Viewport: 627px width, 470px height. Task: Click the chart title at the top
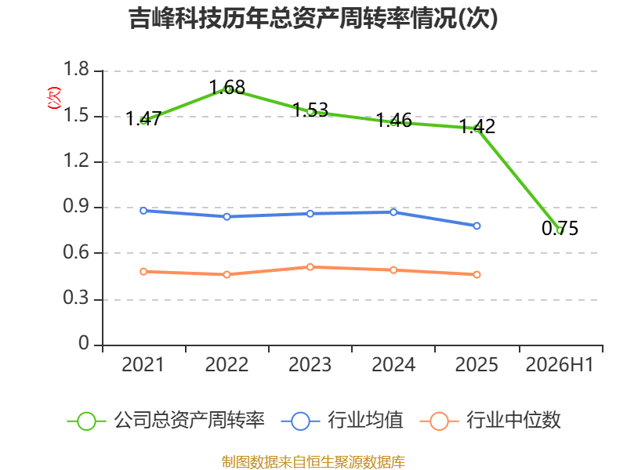pyautogui.click(x=313, y=18)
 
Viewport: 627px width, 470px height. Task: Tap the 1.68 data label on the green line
pyautogui.click(x=227, y=87)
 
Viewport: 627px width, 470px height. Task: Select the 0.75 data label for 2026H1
pyautogui.click(x=560, y=228)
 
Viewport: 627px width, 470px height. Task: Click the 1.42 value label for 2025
pyautogui.click(x=477, y=126)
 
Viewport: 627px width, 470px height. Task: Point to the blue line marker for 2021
pyautogui.click(x=143, y=211)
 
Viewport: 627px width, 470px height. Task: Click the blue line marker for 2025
pyautogui.click(x=477, y=226)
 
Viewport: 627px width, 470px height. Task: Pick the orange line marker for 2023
pyautogui.click(x=310, y=267)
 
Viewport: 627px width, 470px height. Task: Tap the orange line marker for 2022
pyautogui.click(x=227, y=275)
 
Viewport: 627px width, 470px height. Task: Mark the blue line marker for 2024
pyautogui.click(x=393, y=212)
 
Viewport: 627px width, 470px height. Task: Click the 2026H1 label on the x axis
pyautogui.click(x=560, y=365)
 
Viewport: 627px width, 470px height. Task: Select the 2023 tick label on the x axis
pyautogui.click(x=310, y=365)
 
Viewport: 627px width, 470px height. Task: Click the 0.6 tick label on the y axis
pyautogui.click(x=76, y=252)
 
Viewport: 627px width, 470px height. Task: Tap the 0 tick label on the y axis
pyautogui.click(x=84, y=343)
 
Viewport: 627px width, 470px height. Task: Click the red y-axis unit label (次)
pyautogui.click(x=54, y=97)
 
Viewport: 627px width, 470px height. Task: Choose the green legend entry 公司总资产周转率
pyautogui.click(x=166, y=421)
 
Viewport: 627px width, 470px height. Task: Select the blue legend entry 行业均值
pyautogui.click(x=342, y=421)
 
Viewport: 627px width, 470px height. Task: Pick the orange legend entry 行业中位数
pyautogui.click(x=491, y=421)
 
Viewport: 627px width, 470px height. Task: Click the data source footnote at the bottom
pyautogui.click(x=313, y=462)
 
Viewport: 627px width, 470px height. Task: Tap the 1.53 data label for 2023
pyautogui.click(x=310, y=110)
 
